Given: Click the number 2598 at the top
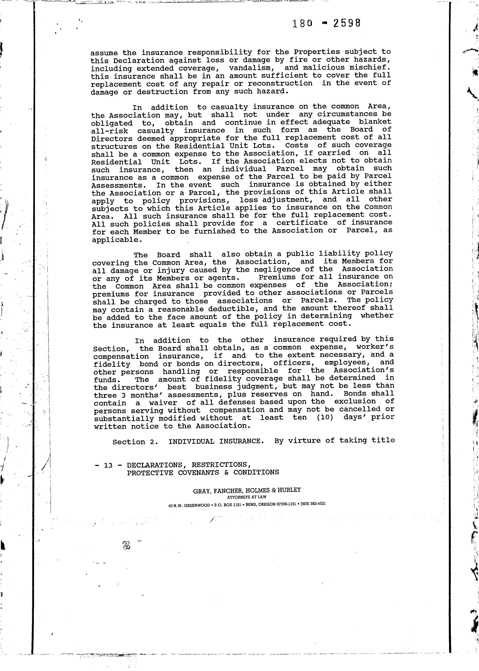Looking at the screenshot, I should tap(347, 23).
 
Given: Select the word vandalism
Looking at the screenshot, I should tap(250, 68).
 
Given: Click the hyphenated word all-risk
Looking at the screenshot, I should tap(110, 131).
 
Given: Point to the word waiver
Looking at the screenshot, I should tap(163, 403).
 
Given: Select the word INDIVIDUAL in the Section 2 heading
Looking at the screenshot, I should tap(191, 442).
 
